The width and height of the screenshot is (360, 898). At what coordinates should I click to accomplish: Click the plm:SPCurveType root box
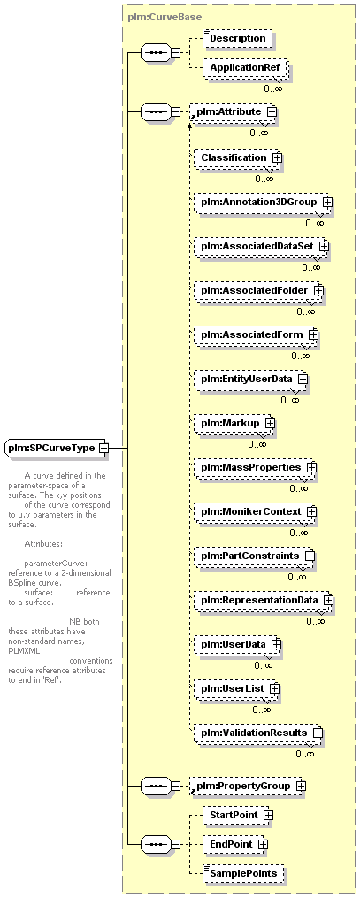click(x=57, y=448)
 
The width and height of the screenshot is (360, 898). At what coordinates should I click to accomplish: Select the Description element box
click(x=238, y=38)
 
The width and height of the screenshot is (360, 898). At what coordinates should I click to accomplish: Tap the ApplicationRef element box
click(x=245, y=68)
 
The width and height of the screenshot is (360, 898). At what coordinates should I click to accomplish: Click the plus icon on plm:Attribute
click(x=272, y=112)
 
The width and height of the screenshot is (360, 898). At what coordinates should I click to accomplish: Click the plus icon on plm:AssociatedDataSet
click(x=324, y=246)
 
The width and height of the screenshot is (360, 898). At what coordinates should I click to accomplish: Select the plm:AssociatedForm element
click(x=256, y=335)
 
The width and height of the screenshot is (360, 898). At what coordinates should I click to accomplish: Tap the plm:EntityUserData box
click(x=250, y=380)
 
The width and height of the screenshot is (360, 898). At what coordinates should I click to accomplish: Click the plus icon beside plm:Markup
click(x=270, y=423)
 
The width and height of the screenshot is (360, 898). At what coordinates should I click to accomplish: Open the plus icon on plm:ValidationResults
click(x=318, y=733)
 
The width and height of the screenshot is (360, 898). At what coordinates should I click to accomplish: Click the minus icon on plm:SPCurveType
click(x=103, y=448)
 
